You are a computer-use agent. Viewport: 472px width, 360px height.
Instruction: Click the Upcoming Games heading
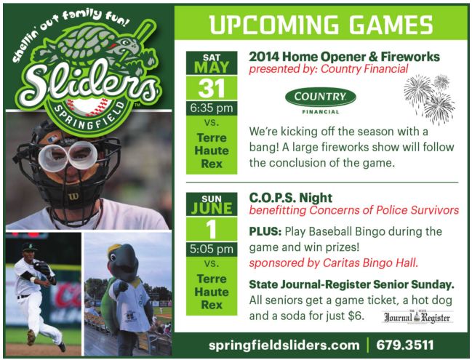[321, 24]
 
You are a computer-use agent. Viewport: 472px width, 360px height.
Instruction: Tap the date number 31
[212, 89]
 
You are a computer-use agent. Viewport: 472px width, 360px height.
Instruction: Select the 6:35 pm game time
[212, 108]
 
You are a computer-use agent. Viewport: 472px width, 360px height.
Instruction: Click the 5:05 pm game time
[212, 249]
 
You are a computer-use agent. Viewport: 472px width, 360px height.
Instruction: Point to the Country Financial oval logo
[321, 97]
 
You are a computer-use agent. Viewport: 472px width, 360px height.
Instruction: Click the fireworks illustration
[429, 99]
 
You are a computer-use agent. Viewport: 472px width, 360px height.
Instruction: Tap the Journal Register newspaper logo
[417, 317]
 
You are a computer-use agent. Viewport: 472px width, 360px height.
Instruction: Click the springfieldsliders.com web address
[284, 345]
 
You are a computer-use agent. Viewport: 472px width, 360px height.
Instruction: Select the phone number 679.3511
[405, 345]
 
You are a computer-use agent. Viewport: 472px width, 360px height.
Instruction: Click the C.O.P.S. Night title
[290, 198]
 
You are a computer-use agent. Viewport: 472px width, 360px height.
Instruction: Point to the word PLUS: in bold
[265, 231]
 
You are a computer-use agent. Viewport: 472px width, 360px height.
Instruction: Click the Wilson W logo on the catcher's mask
[73, 197]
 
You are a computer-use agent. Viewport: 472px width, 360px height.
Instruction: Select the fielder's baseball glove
[41, 268]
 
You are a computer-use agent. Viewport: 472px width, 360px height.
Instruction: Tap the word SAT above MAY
[212, 57]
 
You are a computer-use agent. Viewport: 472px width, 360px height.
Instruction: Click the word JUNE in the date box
[212, 208]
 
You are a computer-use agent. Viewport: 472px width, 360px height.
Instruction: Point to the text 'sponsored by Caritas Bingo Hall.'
[334, 263]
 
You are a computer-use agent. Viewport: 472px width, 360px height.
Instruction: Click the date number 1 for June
[212, 229]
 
